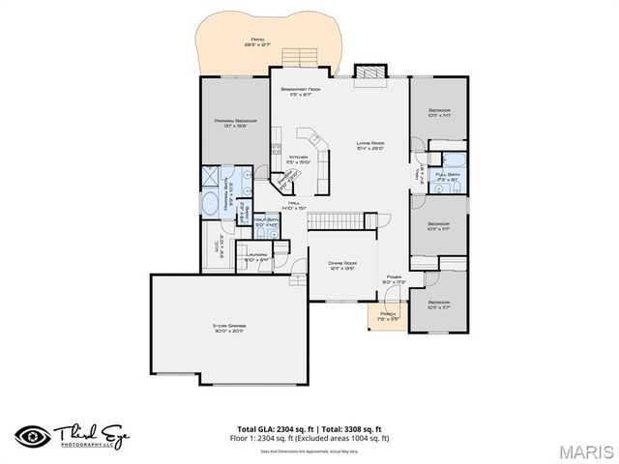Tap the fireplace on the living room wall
pyautogui.click(x=368, y=73)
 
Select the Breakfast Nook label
pyautogui.click(x=301, y=91)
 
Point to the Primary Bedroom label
pyautogui.click(x=233, y=123)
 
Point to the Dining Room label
pyautogui.click(x=342, y=265)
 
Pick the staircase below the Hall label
pyautogui.click(x=341, y=220)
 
